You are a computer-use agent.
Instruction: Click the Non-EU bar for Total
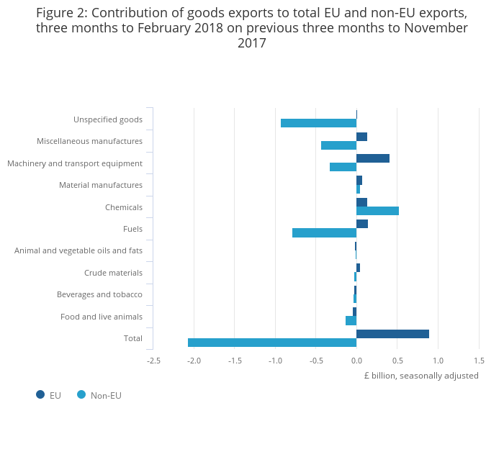272,343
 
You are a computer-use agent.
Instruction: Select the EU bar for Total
392,334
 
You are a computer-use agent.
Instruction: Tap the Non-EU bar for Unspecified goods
318,123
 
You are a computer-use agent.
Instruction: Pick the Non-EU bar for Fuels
324,232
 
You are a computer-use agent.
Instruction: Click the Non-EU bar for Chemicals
377,211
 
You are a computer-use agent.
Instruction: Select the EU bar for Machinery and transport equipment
373,158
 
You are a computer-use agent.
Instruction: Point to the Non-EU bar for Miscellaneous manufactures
338,145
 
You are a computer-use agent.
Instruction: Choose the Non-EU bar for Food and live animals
351,321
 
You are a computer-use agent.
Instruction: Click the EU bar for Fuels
362,224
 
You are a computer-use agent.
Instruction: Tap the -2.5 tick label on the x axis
153,361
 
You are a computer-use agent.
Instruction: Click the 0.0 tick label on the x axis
356,361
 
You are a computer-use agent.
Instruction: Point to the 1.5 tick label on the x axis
479,361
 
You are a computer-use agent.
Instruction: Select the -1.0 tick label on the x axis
275,361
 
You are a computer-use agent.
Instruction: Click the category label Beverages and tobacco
99,294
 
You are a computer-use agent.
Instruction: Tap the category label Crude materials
113,273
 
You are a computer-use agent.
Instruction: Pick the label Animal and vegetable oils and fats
78,250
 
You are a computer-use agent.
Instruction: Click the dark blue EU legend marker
40,394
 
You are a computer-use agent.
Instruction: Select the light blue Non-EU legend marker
81,394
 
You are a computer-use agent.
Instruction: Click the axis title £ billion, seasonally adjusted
421,376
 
